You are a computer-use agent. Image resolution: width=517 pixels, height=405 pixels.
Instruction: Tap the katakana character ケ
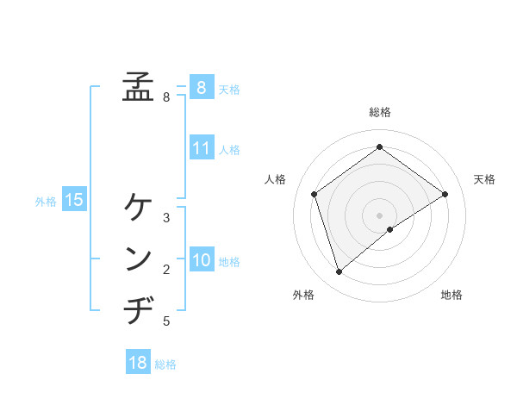[x=138, y=208]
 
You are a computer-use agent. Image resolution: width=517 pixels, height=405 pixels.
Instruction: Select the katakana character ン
[x=138, y=259]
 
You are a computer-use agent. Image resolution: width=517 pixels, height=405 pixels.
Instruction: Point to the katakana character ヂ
[x=138, y=309]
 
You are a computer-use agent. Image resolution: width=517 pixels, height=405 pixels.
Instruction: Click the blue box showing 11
[x=201, y=148]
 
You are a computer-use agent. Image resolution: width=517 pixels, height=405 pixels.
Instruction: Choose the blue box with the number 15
[x=73, y=201]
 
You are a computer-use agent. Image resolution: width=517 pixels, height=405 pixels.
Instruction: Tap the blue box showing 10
[x=201, y=260]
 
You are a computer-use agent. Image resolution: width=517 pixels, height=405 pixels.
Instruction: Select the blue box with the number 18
[x=137, y=363]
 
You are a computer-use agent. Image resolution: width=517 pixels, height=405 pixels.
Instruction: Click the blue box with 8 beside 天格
[x=201, y=87]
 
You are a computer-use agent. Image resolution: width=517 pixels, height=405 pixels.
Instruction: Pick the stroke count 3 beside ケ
[x=166, y=218]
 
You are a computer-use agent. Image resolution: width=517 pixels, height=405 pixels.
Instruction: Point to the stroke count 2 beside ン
[x=166, y=270]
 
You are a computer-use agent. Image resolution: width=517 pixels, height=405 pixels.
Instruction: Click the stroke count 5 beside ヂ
[x=166, y=321]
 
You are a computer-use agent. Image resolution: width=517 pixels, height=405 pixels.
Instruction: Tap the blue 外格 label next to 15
[x=46, y=202]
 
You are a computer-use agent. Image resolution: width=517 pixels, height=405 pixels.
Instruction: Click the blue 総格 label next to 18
[x=165, y=364]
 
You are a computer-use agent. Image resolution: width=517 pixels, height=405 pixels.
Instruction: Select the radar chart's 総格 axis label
[x=379, y=112]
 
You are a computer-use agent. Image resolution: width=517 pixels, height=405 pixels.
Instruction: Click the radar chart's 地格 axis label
[x=452, y=296]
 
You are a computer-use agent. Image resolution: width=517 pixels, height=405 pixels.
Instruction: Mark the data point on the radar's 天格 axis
[x=445, y=194]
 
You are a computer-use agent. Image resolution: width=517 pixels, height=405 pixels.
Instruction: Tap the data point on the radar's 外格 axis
[x=339, y=272]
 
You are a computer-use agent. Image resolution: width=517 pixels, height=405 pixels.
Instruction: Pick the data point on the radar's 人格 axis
[x=315, y=194]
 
